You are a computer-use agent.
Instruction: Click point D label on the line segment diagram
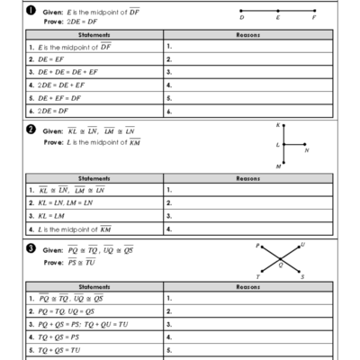click(241, 17)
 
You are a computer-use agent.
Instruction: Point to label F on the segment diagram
click(314, 17)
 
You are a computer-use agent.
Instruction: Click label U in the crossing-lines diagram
click(303, 244)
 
